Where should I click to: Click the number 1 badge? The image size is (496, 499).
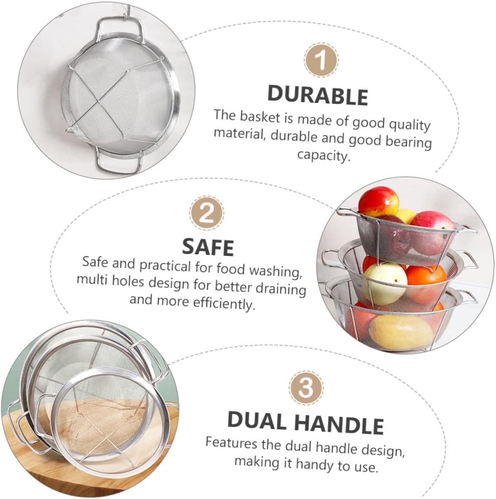[x=321, y=60]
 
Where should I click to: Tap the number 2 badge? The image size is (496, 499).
[x=207, y=213]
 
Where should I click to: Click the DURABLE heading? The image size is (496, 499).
[x=318, y=95]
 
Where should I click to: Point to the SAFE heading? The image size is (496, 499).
[x=208, y=247]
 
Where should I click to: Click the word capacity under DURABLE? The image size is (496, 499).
[x=323, y=155]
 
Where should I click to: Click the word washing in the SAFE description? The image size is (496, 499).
[x=275, y=271]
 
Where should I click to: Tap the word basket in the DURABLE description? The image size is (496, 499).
[x=260, y=117]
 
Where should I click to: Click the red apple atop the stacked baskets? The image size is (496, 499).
[x=379, y=202]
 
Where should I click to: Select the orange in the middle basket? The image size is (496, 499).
[x=426, y=281]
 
